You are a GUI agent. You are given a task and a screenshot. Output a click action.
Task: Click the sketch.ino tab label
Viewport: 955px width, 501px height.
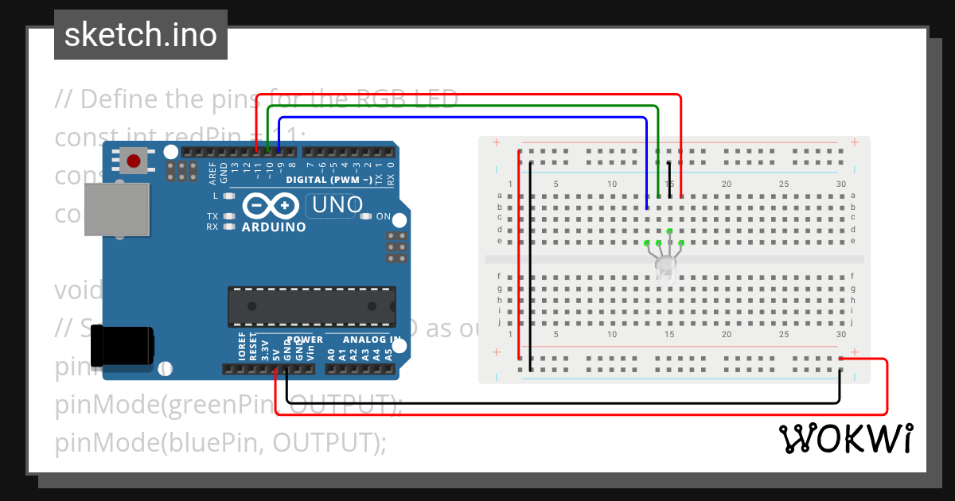pyautogui.click(x=140, y=35)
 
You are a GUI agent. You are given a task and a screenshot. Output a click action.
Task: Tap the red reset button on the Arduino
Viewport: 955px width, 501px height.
pyautogui.click(x=134, y=161)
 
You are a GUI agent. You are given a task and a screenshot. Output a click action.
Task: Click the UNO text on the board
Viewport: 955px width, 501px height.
pyautogui.click(x=337, y=205)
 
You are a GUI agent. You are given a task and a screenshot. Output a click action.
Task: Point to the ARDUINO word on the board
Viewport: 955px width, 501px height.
pyautogui.click(x=274, y=227)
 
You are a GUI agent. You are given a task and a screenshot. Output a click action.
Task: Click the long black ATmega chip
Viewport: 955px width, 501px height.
pyautogui.click(x=311, y=306)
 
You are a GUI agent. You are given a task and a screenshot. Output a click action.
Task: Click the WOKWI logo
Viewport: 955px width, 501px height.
pyautogui.click(x=845, y=438)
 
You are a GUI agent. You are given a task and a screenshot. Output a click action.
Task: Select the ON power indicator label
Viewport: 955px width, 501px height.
pyautogui.click(x=383, y=216)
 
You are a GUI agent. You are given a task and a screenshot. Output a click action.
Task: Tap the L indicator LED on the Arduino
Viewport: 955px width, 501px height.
pyautogui.click(x=229, y=196)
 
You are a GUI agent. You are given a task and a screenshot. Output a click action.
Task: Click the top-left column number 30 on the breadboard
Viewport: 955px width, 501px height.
pyautogui.click(x=841, y=184)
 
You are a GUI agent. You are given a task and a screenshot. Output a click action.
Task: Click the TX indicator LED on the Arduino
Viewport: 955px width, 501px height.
pyautogui.click(x=229, y=216)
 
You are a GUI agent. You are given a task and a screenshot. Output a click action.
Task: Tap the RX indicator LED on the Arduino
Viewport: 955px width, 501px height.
pyautogui.click(x=229, y=227)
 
